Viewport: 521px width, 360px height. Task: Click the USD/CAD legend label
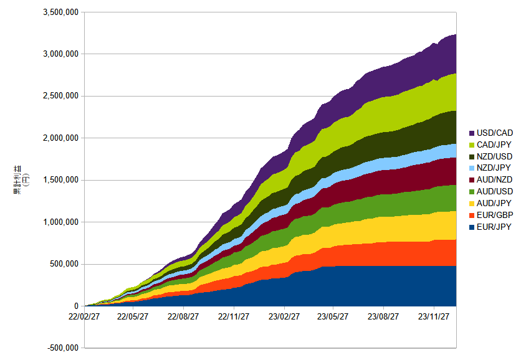coord(494,133)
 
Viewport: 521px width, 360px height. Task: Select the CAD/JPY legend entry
coord(494,144)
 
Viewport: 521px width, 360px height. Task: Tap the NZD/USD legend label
coord(494,156)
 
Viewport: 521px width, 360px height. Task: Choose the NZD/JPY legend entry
coord(494,168)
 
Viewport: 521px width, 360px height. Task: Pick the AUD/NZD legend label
coord(494,179)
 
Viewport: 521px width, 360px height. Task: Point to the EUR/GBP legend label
coord(495,216)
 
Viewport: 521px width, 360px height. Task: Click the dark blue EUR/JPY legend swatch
coord(472,227)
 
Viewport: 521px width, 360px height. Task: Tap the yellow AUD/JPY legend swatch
coord(472,204)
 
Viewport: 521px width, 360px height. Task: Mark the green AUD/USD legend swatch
coord(472,192)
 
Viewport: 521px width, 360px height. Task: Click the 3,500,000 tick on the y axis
coord(61,12)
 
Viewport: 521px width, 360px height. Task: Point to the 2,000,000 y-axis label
coord(61,138)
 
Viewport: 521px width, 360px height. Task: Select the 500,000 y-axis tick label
coord(64,264)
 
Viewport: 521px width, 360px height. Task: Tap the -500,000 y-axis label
coord(63,348)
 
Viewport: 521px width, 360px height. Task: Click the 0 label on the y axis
coord(77,306)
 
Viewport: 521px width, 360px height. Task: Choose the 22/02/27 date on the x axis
coord(84,316)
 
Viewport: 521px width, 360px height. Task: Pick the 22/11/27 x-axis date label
coord(234,316)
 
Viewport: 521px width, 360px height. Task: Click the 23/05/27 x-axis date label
coord(333,316)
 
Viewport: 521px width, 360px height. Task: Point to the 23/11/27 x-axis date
coord(434,316)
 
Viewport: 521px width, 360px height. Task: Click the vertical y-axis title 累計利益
coord(17,179)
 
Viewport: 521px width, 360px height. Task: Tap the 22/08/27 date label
coord(183,316)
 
